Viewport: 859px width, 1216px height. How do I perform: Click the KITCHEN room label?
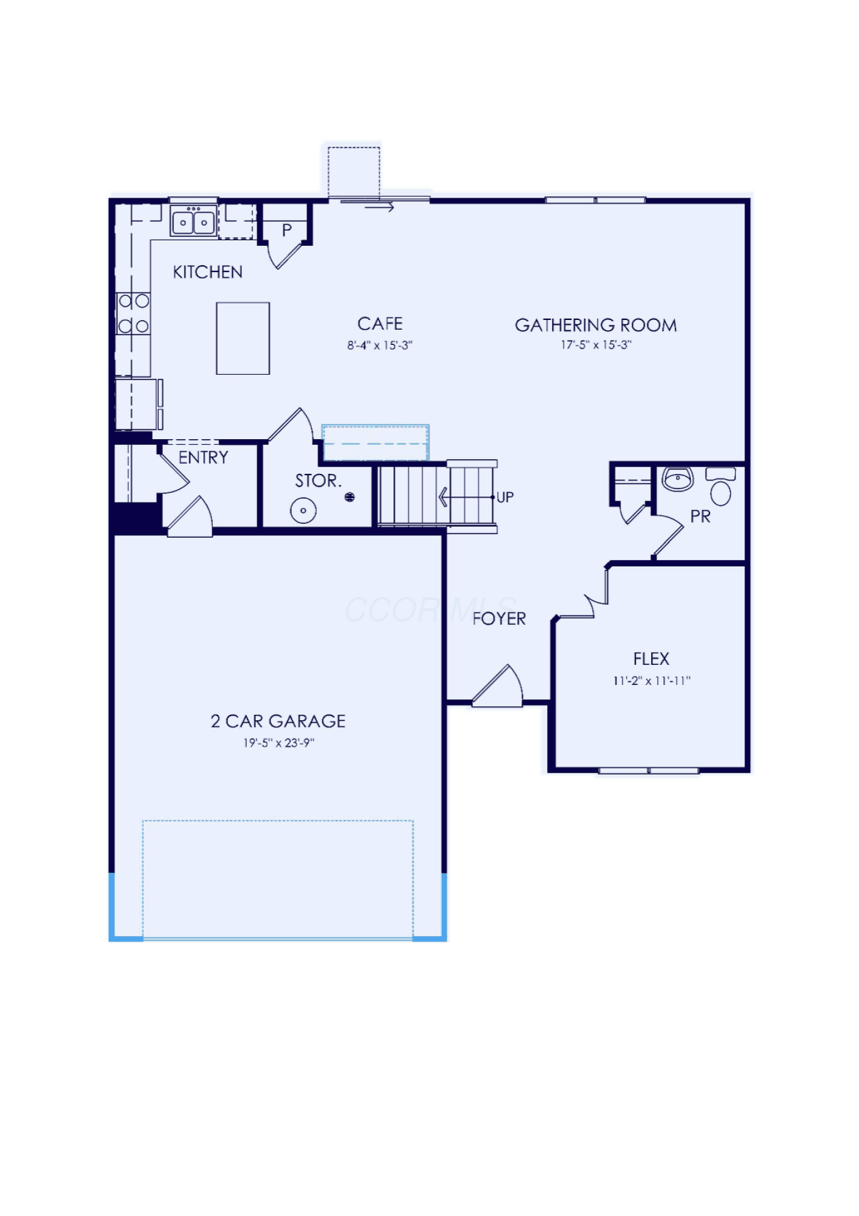click(x=208, y=272)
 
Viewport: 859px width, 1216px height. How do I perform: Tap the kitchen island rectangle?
click(x=243, y=338)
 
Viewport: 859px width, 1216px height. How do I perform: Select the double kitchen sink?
click(x=193, y=221)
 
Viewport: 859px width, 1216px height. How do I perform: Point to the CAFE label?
click(x=380, y=324)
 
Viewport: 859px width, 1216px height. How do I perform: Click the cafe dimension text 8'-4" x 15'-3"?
click(x=380, y=346)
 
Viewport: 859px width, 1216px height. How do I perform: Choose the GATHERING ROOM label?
click(x=596, y=325)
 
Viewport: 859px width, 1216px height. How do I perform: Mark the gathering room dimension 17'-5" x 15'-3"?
click(x=596, y=345)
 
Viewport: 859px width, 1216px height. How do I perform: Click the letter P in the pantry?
click(x=287, y=231)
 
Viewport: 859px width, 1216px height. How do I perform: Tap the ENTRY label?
click(x=204, y=457)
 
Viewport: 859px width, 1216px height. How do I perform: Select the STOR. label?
click(x=318, y=481)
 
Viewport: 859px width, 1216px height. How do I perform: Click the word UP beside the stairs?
click(x=505, y=498)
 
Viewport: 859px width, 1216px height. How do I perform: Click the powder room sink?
click(x=678, y=479)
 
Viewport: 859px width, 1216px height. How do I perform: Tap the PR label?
click(x=700, y=516)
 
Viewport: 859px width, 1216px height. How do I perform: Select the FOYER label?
click(x=499, y=619)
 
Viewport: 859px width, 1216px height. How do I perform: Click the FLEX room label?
click(x=651, y=659)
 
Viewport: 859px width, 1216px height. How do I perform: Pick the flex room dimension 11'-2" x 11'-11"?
click(x=652, y=681)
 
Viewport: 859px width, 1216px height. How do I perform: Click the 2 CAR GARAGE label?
click(x=278, y=721)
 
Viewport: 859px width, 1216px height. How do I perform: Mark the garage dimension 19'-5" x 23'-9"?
click(x=278, y=743)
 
